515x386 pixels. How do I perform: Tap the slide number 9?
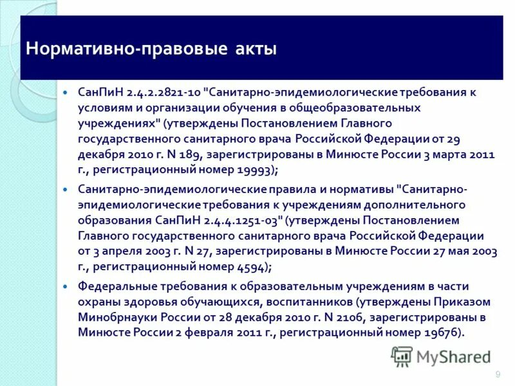click(x=498, y=375)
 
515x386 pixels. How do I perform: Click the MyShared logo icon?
click(x=402, y=356)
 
